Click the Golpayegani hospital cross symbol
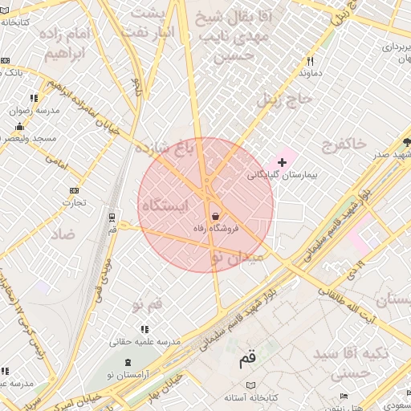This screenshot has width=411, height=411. coord(282,162)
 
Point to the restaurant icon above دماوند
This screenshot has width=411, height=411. coord(310,61)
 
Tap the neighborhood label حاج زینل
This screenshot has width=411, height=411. coord(278,100)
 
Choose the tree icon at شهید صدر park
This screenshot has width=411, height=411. coord(408,142)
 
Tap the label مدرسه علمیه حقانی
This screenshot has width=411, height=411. coord(144,341)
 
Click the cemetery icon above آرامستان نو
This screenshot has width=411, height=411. coord(130,363)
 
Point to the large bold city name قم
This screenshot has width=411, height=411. coord(250,360)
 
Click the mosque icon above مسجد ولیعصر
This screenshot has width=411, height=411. coord(19,127)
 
